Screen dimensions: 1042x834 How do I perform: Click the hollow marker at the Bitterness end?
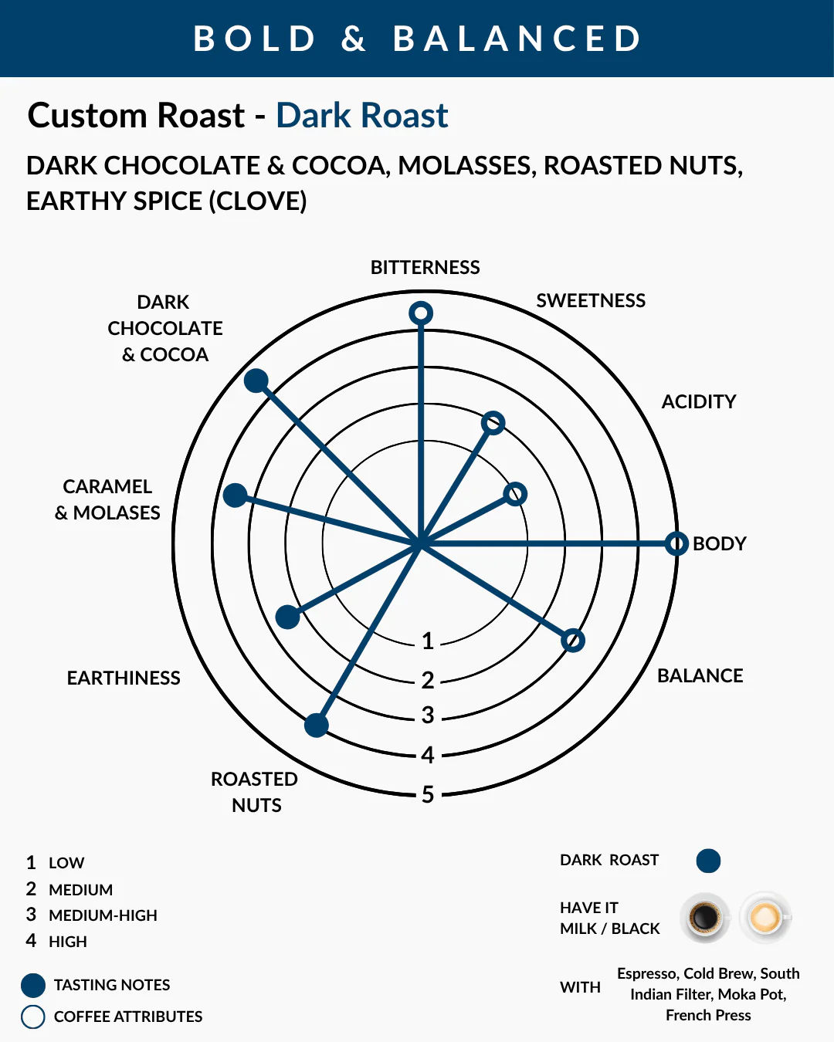click(421, 313)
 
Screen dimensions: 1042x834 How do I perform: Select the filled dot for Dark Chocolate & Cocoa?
click(256, 381)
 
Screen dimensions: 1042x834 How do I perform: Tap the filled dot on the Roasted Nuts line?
click(316, 725)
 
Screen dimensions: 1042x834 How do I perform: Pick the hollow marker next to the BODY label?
click(676, 543)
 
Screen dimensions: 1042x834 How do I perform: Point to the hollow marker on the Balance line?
click(573, 640)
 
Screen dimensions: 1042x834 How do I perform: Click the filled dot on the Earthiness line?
click(287, 617)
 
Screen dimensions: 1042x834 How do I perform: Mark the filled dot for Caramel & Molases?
click(235, 496)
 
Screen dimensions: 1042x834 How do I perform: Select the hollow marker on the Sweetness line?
click(493, 423)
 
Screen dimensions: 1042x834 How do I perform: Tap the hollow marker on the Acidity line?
click(515, 493)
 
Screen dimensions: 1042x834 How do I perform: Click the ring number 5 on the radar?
click(428, 794)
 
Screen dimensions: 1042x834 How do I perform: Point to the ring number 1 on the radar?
click(428, 641)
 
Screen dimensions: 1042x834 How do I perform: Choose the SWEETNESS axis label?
click(591, 300)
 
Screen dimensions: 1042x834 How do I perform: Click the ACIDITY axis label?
click(699, 401)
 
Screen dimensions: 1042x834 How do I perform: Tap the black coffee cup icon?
click(704, 918)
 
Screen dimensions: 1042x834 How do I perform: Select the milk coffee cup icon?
click(765, 918)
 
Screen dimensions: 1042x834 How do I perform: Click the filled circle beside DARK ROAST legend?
click(708, 861)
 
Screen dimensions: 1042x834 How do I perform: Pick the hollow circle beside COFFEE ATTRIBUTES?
click(32, 1017)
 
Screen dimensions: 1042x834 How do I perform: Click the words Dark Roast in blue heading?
click(362, 116)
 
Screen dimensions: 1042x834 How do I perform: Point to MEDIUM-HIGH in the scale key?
click(103, 915)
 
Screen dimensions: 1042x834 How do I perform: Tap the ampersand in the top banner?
click(354, 39)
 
